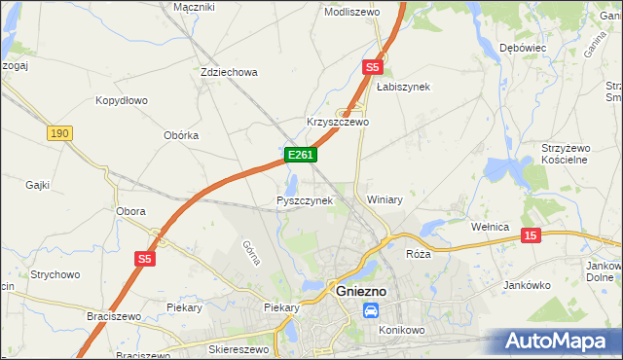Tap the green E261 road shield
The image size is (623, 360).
click(x=300, y=155)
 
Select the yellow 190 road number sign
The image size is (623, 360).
click(x=58, y=132)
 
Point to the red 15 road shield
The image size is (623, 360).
click(x=530, y=235)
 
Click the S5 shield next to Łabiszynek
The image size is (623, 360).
click(x=372, y=67)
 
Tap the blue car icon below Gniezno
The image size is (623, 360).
click(x=371, y=310)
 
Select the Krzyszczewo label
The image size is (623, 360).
click(x=338, y=123)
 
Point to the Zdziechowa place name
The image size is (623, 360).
click(x=228, y=72)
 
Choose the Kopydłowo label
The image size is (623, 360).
click(x=122, y=100)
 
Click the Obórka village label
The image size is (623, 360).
click(x=181, y=136)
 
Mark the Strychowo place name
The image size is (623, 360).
click(x=55, y=275)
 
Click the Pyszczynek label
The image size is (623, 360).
click(x=305, y=200)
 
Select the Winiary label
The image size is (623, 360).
click(x=385, y=199)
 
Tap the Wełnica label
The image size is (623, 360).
click(x=491, y=227)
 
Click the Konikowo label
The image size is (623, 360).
click(x=404, y=330)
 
